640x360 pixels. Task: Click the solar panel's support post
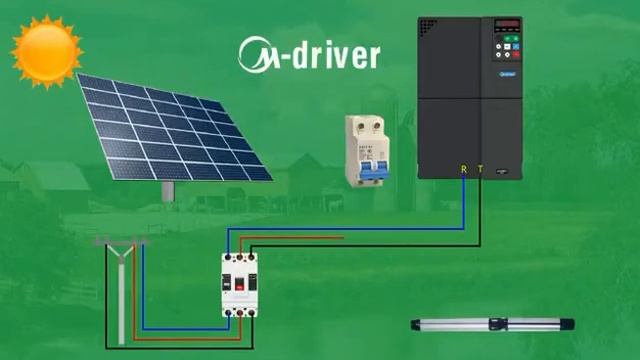[168, 189]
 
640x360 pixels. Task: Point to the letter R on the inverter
[463, 169]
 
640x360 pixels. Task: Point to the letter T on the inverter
[480, 169]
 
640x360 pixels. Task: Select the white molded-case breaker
[239, 284]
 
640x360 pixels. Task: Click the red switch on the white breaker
[239, 284]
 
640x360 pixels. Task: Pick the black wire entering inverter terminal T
[480, 210]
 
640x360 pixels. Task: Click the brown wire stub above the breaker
[300, 237]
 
